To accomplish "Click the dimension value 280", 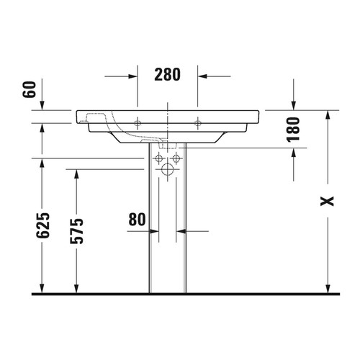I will (x=167, y=73).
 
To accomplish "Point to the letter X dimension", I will (x=328, y=202).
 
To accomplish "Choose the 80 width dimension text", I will (x=138, y=218).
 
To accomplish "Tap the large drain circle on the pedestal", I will (x=167, y=171).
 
